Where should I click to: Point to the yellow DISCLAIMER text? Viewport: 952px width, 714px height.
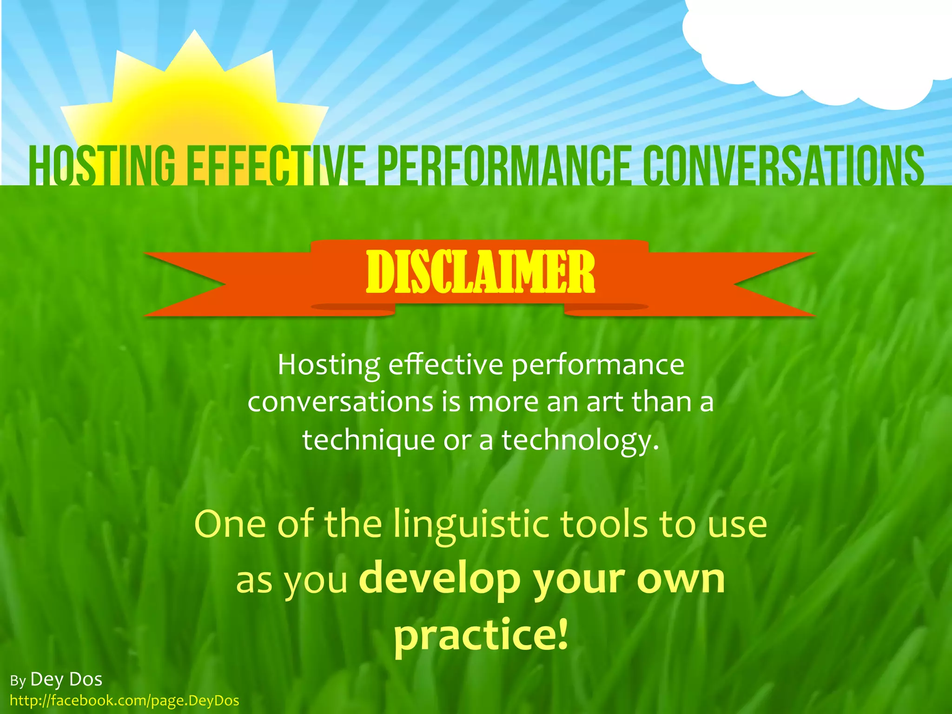tap(480, 273)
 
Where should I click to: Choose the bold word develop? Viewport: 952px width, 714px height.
tap(440, 581)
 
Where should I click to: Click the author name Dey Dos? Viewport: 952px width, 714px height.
tap(66, 680)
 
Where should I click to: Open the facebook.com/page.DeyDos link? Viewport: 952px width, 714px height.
tap(124, 701)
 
